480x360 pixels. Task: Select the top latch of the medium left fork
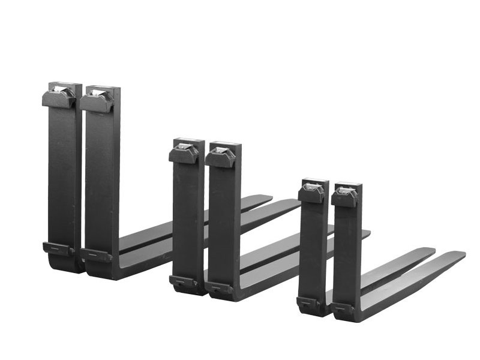click(x=184, y=153)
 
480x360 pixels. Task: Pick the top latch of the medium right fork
click(x=220, y=157)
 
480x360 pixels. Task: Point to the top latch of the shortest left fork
click(x=311, y=192)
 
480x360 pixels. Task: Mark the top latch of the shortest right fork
click(x=344, y=197)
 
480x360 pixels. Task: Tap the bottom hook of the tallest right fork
click(x=97, y=255)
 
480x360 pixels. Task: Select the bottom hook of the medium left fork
click(x=183, y=281)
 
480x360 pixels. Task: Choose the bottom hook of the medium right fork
click(x=220, y=287)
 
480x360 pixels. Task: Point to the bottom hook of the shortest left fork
click(x=308, y=303)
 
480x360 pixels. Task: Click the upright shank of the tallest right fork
click(x=102, y=180)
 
